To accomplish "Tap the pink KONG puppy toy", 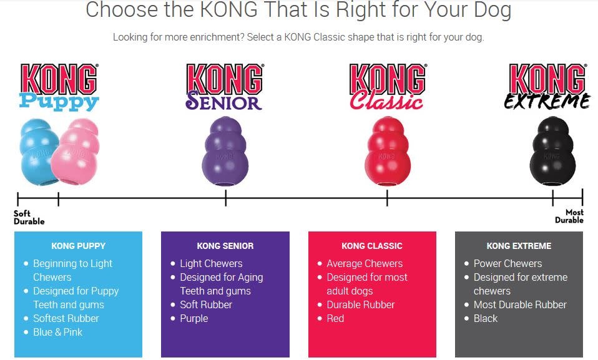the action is (x=76, y=152).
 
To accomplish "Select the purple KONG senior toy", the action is (x=225, y=152).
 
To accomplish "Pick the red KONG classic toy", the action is (x=388, y=152).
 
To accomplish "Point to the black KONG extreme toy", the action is (x=552, y=152).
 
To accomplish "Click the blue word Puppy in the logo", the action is (x=59, y=102).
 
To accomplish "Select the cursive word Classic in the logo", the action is (x=386, y=100).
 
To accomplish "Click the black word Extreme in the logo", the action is (x=547, y=101).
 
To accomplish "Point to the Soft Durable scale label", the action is (x=29, y=217).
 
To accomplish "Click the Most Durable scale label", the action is (x=569, y=216).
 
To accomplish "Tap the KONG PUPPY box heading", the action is (x=78, y=246).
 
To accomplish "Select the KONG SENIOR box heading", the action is (x=225, y=246).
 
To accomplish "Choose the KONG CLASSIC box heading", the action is (x=372, y=246).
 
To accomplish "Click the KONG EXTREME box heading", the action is (x=519, y=246).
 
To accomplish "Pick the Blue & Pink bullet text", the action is (x=57, y=332).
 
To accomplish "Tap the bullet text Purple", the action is (x=194, y=318).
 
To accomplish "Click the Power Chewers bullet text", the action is (x=507, y=263).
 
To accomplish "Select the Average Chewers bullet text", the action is (x=365, y=263).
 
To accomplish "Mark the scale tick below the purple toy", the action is (x=226, y=198).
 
